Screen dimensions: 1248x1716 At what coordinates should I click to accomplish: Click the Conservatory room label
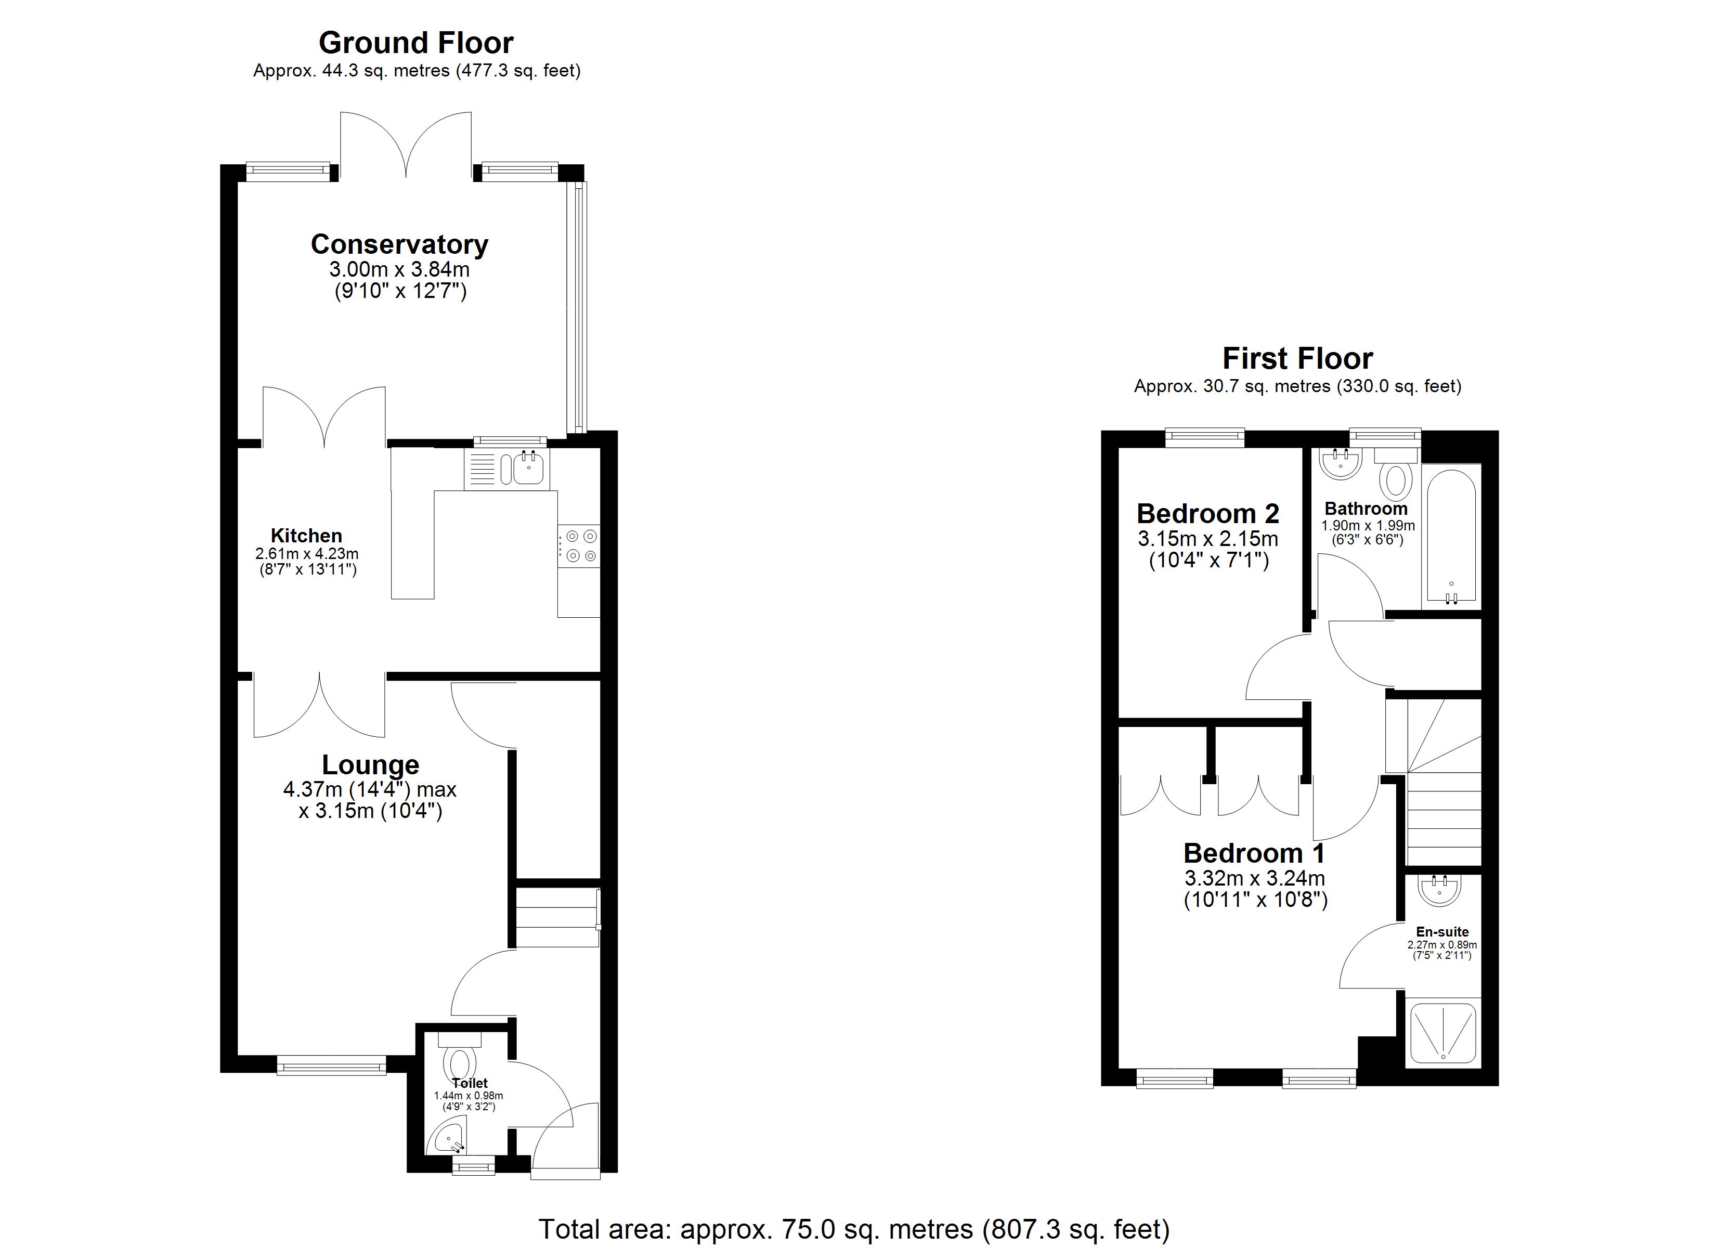[x=399, y=244]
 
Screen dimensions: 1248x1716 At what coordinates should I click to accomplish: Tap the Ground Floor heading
[x=415, y=43]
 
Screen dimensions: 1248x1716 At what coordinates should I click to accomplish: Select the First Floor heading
[x=1297, y=358]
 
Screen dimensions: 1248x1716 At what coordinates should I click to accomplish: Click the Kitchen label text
[x=306, y=536]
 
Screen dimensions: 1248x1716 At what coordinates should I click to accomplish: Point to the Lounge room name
[x=370, y=764]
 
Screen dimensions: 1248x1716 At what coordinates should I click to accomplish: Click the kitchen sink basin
[x=528, y=469]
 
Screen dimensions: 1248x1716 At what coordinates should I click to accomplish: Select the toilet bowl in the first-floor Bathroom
[x=1397, y=478]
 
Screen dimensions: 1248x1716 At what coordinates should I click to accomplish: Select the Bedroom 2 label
[x=1207, y=514]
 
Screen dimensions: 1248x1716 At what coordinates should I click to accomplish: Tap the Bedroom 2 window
[x=1204, y=437]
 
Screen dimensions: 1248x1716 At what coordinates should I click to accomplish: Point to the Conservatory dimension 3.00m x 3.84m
[x=399, y=269]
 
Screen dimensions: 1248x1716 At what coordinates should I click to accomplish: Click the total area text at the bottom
[x=853, y=1229]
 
